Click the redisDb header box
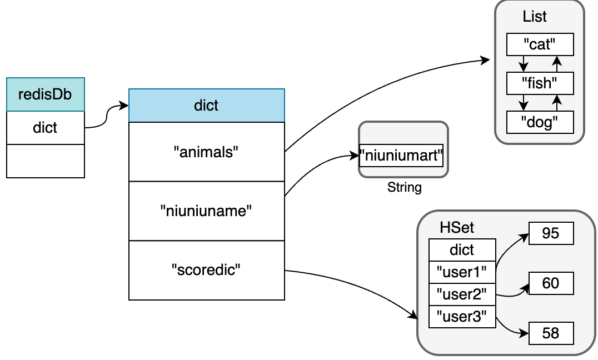coord(46,94)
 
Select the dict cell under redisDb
coord(46,128)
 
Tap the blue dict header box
coord(207,106)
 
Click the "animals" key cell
coord(207,152)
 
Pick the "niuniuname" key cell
coord(207,211)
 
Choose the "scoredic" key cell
coord(207,270)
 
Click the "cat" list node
coord(540,44)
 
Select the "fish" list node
coord(540,83)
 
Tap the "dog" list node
coord(540,122)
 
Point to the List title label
coord(534,17)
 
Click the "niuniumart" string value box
coord(401,156)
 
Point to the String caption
coord(404,187)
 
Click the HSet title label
coord(456,227)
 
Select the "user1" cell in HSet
coord(462,272)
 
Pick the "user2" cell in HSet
coord(462,294)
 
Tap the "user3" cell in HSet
coord(462,317)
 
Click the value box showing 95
coord(551,233)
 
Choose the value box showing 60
coord(551,283)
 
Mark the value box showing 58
coord(551,333)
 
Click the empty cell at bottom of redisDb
coord(46,161)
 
